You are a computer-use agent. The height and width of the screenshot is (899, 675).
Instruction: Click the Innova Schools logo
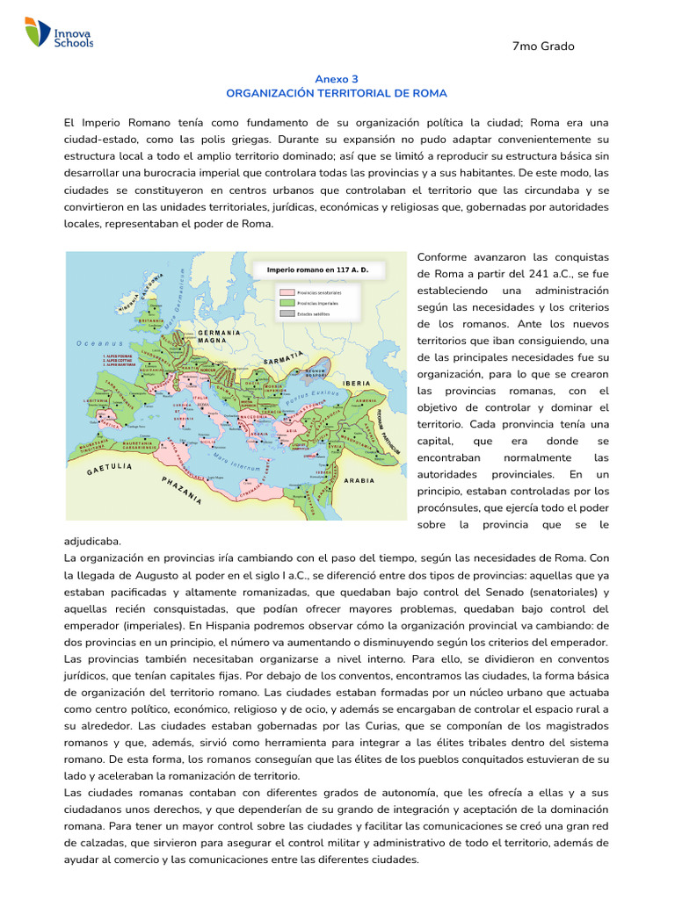[59, 33]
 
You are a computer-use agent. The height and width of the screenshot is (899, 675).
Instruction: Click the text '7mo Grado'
[542, 47]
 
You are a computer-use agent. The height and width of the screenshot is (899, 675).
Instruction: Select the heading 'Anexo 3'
[337, 78]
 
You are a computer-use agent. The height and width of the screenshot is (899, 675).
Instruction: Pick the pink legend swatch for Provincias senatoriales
[287, 291]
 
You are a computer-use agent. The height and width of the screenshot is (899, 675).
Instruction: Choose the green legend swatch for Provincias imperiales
[287, 302]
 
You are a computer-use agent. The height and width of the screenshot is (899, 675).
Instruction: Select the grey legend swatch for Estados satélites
[287, 313]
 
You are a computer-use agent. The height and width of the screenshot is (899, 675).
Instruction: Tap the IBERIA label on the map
[357, 384]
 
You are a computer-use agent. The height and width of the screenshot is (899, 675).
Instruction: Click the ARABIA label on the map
[359, 480]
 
